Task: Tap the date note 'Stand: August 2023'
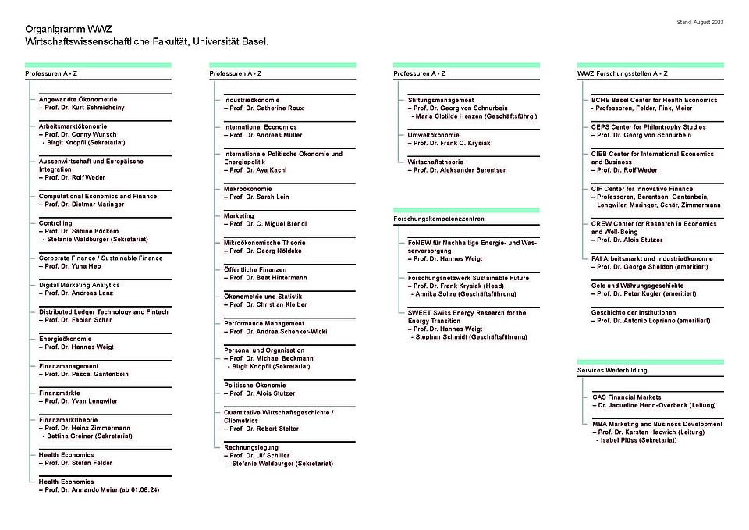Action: click(x=700, y=22)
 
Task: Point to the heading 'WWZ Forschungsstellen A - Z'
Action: click(x=622, y=73)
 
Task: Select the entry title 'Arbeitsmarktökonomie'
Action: click(x=73, y=126)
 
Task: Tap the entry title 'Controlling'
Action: click(x=55, y=223)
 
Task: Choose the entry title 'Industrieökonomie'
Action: click(x=251, y=100)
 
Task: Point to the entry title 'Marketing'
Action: click(x=239, y=215)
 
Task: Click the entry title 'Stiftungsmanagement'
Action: click(x=441, y=100)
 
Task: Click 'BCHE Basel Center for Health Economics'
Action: click(x=654, y=100)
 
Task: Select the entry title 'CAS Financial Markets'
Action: click(x=627, y=397)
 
